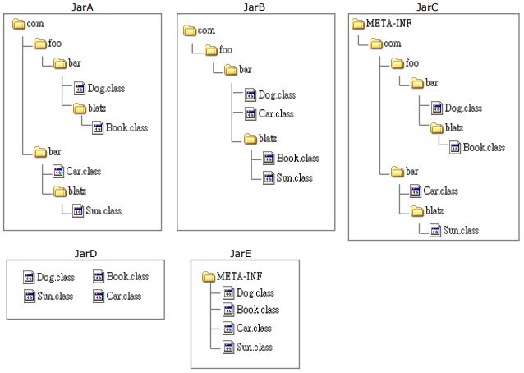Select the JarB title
pos(255,7)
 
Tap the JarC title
pos(428,7)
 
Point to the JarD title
pos(85,254)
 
